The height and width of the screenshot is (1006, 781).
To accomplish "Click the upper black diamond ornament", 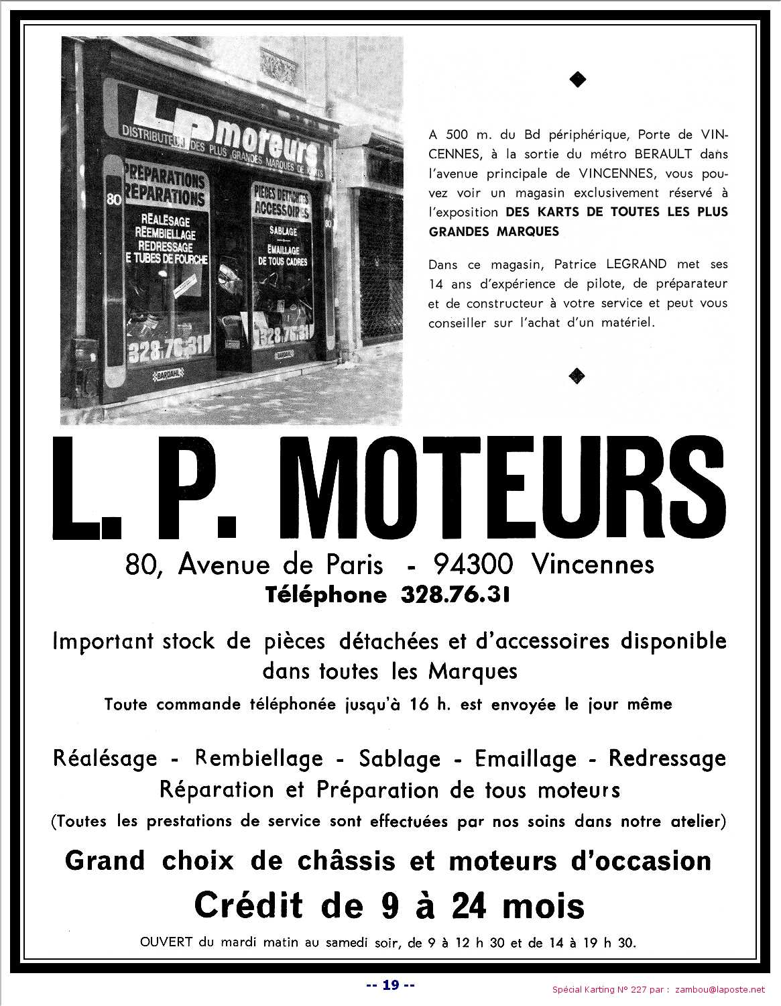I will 577,80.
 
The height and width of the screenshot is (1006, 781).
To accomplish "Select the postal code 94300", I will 473,565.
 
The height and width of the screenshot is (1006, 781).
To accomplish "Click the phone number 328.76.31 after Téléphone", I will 455,595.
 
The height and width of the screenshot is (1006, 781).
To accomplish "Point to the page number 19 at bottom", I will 391,985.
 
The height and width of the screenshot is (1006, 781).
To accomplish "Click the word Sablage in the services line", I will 400,759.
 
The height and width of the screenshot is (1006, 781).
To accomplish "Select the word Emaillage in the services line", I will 526,759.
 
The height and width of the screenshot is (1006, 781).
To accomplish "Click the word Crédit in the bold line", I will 248,905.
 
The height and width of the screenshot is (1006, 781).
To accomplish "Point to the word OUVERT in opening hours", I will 166,942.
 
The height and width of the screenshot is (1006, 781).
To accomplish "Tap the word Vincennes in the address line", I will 593,565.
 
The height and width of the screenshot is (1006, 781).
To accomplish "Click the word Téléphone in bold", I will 326,595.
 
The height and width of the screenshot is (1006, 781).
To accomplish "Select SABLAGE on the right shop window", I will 279,231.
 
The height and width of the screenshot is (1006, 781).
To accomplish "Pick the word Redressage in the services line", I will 667,759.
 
